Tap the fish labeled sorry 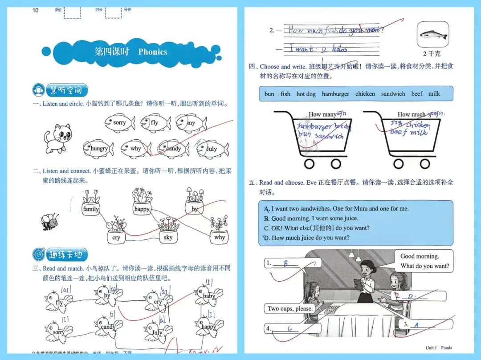click(x=120, y=123)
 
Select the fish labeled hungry click(x=98, y=149)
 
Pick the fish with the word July click(x=212, y=149)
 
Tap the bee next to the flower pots click(x=49, y=222)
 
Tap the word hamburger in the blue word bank click(x=335, y=94)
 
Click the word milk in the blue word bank click(x=434, y=94)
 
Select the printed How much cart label click(x=411, y=114)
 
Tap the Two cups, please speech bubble click(x=290, y=308)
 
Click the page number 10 click(x=36, y=10)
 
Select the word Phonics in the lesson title click(x=152, y=52)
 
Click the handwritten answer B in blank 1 click(x=285, y=263)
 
